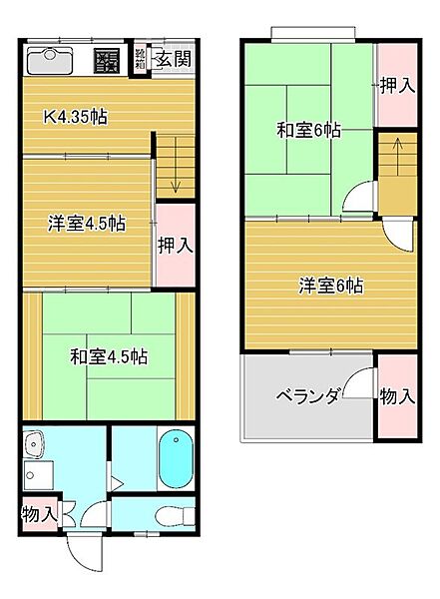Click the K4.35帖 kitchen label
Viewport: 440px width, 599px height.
[75, 116]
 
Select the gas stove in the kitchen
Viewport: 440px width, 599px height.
[108, 61]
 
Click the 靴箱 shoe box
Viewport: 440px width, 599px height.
[141, 60]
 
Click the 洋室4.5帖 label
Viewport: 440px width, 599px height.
[86, 224]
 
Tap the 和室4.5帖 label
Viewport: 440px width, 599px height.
[109, 355]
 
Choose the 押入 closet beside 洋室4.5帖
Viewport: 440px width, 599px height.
[177, 245]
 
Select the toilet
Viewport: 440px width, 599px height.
[173, 515]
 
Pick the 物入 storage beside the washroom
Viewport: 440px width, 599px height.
[38, 515]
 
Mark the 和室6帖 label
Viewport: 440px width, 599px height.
[308, 130]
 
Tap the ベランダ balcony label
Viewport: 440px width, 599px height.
[308, 395]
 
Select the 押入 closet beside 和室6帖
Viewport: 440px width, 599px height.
[397, 86]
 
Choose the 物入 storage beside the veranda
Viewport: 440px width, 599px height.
[397, 396]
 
